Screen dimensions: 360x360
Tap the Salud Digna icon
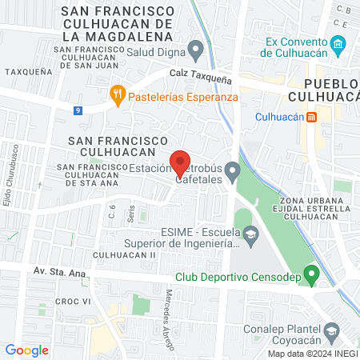click(x=195, y=54)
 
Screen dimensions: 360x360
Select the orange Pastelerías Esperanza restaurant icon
click(x=118, y=94)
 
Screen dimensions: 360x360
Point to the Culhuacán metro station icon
click(x=312, y=117)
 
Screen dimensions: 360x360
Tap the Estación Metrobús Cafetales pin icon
click(x=233, y=170)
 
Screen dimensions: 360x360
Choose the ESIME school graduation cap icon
click(x=251, y=234)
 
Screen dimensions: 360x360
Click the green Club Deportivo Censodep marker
click(x=314, y=274)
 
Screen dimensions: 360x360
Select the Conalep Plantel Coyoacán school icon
click(x=331, y=330)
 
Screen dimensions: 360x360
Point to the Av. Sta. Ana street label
click(x=61, y=272)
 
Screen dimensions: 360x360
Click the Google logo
click(x=26, y=350)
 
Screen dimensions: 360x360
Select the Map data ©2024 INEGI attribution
click(x=312, y=354)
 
